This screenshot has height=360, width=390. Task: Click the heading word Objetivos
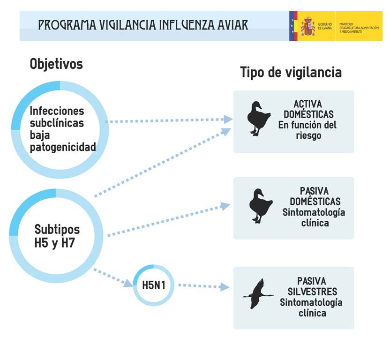coord(56,64)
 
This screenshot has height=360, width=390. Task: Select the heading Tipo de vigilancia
coord(291,72)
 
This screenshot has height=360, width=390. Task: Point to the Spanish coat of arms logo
coord(308,26)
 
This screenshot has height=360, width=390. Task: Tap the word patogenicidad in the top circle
coord(63,147)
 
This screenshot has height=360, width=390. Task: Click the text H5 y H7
coord(55,243)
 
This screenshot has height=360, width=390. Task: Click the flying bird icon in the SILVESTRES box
coord(258,294)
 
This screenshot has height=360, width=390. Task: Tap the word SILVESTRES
coord(312,292)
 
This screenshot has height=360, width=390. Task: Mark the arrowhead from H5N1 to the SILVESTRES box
coord(225,287)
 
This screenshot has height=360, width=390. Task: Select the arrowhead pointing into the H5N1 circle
coord(127,282)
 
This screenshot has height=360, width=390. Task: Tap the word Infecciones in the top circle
coord(57,111)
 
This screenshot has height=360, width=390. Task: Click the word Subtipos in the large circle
coord(57,230)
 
